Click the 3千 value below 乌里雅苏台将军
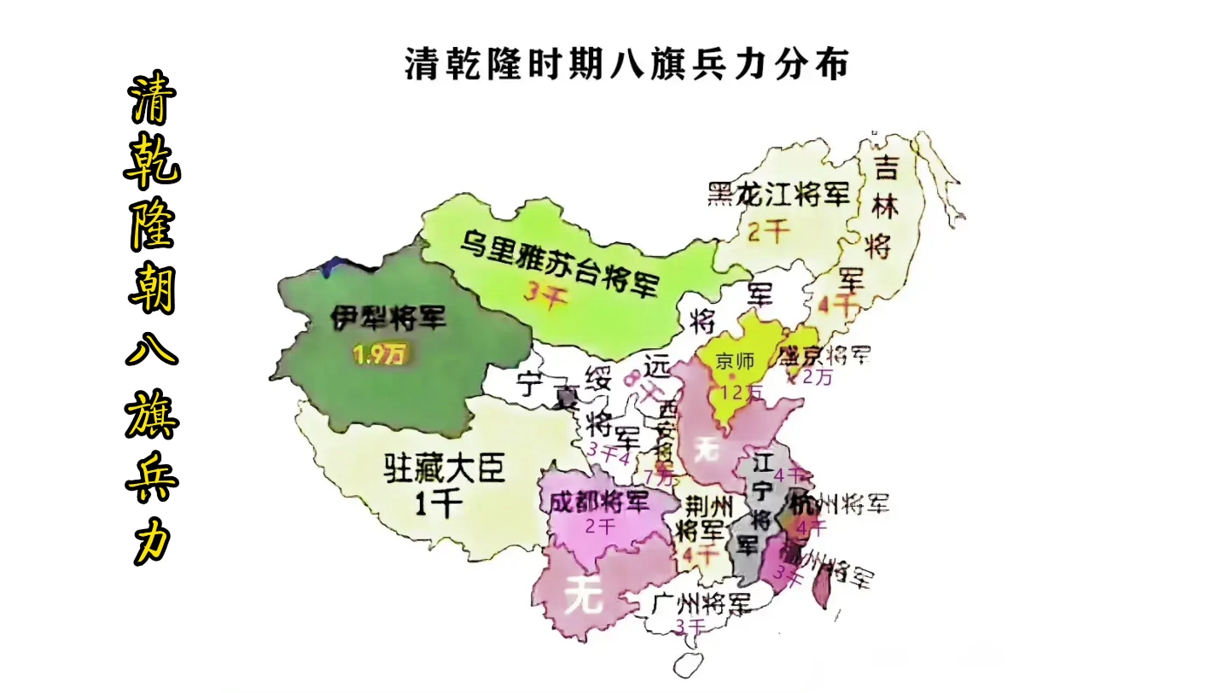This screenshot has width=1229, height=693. coord(545,298)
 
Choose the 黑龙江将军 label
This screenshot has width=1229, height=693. coord(778,195)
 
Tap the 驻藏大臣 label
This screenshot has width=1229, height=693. coord(444,469)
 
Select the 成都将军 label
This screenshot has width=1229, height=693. coord(599,501)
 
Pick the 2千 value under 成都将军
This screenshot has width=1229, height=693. coord(601,526)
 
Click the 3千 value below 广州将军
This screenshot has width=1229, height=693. coord(690,627)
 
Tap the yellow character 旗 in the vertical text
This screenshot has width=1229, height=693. coord(153,415)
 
